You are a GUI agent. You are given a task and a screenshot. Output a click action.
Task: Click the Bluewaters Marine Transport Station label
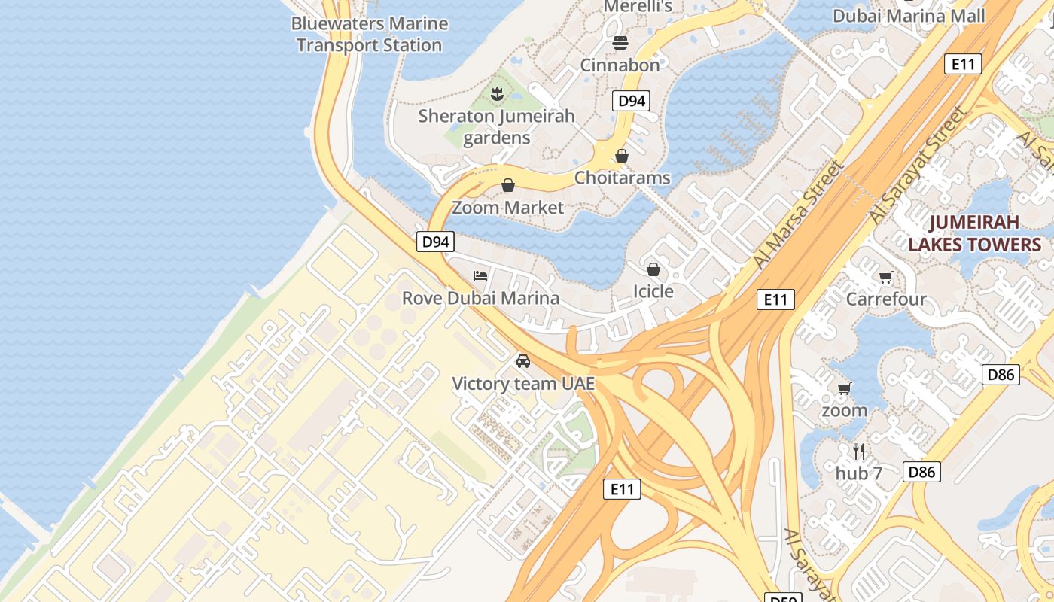pyautogui.click(x=369, y=35)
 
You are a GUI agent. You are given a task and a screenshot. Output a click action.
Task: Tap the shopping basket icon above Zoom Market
pyautogui.click(x=508, y=185)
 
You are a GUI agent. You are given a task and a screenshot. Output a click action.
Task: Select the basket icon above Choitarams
pyautogui.click(x=622, y=156)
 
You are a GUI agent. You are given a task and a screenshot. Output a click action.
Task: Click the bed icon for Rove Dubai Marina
pyautogui.click(x=480, y=276)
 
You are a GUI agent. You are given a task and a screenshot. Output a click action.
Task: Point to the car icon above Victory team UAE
pyautogui.click(x=523, y=361)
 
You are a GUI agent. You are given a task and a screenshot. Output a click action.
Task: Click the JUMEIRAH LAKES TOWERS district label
pyautogui.click(x=974, y=233)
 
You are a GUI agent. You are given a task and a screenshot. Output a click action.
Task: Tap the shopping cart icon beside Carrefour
pyautogui.click(x=885, y=278)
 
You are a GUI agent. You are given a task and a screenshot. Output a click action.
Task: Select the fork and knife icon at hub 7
pyautogui.click(x=859, y=451)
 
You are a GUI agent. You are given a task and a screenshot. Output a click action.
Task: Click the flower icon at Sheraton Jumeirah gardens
pyautogui.click(x=497, y=94)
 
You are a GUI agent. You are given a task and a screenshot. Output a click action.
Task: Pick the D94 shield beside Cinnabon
pyautogui.click(x=631, y=101)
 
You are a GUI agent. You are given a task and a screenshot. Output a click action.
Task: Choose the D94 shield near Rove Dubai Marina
pyautogui.click(x=436, y=242)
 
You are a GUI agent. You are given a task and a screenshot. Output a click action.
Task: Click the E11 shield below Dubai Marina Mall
pyautogui.click(x=963, y=64)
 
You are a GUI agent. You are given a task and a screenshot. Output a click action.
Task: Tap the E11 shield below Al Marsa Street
pyautogui.click(x=775, y=299)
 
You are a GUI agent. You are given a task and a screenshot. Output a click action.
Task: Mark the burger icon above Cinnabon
pyautogui.click(x=620, y=43)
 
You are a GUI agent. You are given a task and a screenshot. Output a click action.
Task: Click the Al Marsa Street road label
pyautogui.click(x=800, y=214)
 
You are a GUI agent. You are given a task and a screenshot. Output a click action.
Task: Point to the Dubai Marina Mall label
pyautogui.click(x=909, y=16)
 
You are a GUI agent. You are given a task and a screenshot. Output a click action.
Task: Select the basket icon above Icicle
pyautogui.click(x=653, y=269)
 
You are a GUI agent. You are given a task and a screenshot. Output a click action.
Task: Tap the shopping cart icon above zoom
pyautogui.click(x=844, y=389)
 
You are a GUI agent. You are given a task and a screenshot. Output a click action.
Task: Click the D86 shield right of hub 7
pyautogui.click(x=921, y=472)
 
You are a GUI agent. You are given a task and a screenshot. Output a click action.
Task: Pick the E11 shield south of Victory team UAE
pyautogui.click(x=622, y=489)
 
